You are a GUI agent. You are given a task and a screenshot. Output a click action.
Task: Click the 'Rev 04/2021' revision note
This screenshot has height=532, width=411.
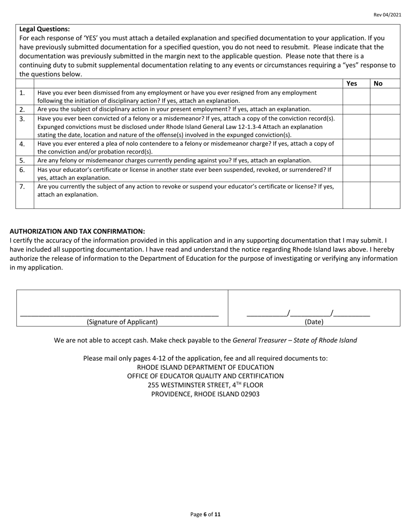point(387,15)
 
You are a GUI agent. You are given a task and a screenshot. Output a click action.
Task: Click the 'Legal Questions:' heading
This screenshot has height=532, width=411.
point(45,29)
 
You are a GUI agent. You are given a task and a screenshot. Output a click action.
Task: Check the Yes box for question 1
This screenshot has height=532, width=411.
point(356,96)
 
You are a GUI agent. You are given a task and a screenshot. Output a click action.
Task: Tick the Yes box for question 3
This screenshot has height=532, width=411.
point(356,126)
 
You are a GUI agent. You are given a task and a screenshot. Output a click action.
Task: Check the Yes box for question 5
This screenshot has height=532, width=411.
point(356,160)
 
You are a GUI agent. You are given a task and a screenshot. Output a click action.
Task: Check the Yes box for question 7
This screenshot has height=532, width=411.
point(356,195)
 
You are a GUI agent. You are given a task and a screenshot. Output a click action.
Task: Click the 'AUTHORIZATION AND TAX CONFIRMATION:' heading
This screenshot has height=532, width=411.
point(77,231)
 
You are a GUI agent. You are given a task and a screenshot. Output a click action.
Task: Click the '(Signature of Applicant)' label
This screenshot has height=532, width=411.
point(122,322)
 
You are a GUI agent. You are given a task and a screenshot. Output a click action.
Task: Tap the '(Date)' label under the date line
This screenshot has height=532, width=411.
point(314,322)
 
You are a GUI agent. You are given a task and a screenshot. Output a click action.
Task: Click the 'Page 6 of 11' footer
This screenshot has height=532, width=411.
point(205,515)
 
